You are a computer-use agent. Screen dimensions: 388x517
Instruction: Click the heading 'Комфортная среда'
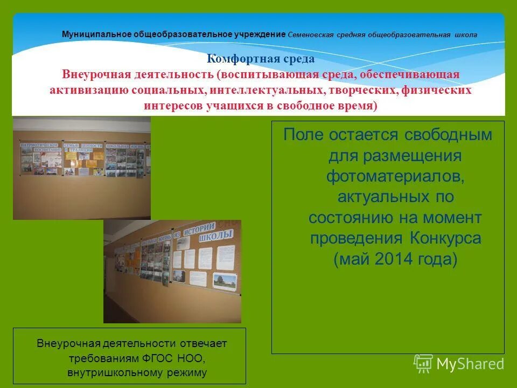(261, 59)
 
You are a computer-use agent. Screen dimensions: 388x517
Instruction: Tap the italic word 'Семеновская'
(309, 34)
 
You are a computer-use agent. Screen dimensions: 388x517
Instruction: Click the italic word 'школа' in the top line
(465, 34)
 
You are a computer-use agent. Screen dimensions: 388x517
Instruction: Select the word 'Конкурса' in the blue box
(444, 238)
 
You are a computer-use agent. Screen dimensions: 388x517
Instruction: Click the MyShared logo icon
(423, 364)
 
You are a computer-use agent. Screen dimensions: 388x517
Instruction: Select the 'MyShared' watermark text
(470, 364)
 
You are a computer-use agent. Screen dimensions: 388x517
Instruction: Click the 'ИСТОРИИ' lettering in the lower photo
(199, 228)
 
